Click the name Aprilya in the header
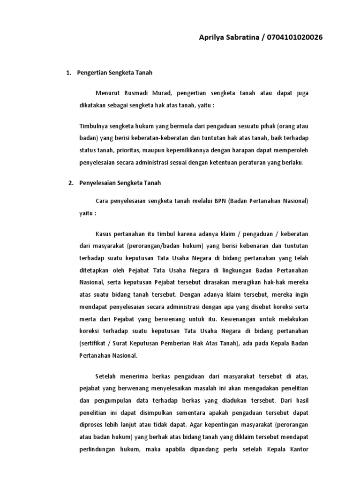coord(212,37)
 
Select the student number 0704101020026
coord(294,37)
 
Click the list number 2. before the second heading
coord(71,183)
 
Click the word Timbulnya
coord(94,127)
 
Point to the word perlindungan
coord(97,449)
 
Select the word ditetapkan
coord(95,270)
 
